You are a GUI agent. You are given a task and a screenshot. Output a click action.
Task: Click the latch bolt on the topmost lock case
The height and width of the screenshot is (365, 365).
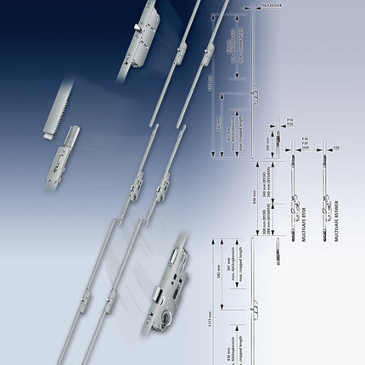point(136,31)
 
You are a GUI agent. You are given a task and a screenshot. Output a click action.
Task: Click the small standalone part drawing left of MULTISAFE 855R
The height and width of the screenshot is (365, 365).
point(279,250)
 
